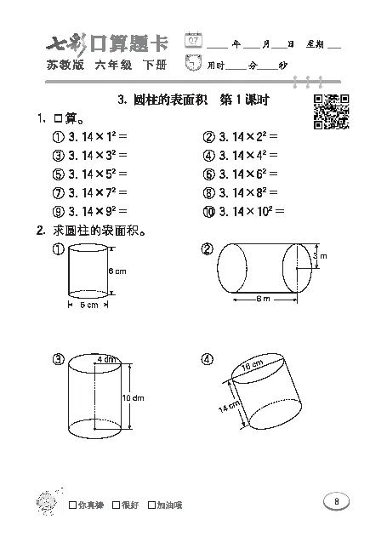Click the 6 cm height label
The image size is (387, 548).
(x=117, y=271)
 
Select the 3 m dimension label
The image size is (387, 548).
(x=319, y=255)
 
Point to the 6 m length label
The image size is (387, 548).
(x=264, y=298)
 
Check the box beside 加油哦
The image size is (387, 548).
(x=151, y=505)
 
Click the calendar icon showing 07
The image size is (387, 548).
(x=195, y=40)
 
